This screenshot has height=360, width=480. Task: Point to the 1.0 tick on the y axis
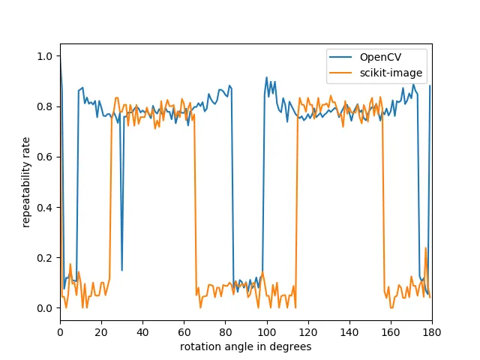coord(46,56)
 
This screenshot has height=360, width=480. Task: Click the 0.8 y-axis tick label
coord(46,106)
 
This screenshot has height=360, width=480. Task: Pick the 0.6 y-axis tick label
coord(46,157)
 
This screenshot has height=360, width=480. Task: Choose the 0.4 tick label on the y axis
coord(46,208)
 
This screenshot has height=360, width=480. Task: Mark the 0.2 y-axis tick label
coord(46,258)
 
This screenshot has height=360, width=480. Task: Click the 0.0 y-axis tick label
coord(46,308)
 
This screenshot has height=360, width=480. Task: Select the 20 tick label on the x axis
coord(101,331)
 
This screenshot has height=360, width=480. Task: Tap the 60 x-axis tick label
coord(184,331)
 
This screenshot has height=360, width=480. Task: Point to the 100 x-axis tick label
coord(266,331)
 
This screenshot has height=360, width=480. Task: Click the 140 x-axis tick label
coord(349,331)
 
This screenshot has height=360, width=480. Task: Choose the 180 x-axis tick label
coord(432,331)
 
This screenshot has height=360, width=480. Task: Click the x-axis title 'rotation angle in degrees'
coord(245,346)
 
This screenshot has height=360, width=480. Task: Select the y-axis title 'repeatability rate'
coord(26,182)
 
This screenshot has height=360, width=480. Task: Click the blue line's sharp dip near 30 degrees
coord(122,269)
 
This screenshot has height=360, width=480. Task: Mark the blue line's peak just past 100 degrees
coord(266,77)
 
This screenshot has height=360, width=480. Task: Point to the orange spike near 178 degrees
coord(426,248)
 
